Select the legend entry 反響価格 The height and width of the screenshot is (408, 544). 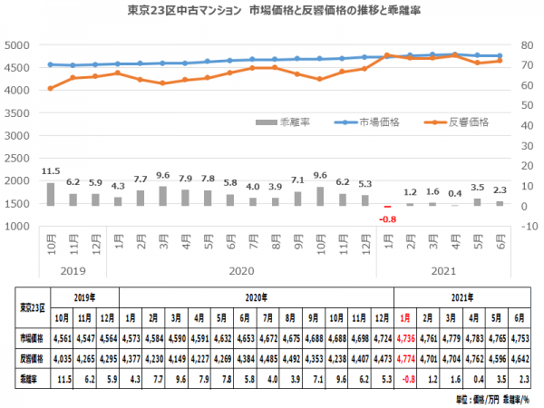461,121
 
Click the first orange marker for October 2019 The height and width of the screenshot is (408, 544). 51,88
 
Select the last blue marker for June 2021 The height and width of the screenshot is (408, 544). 500,55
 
